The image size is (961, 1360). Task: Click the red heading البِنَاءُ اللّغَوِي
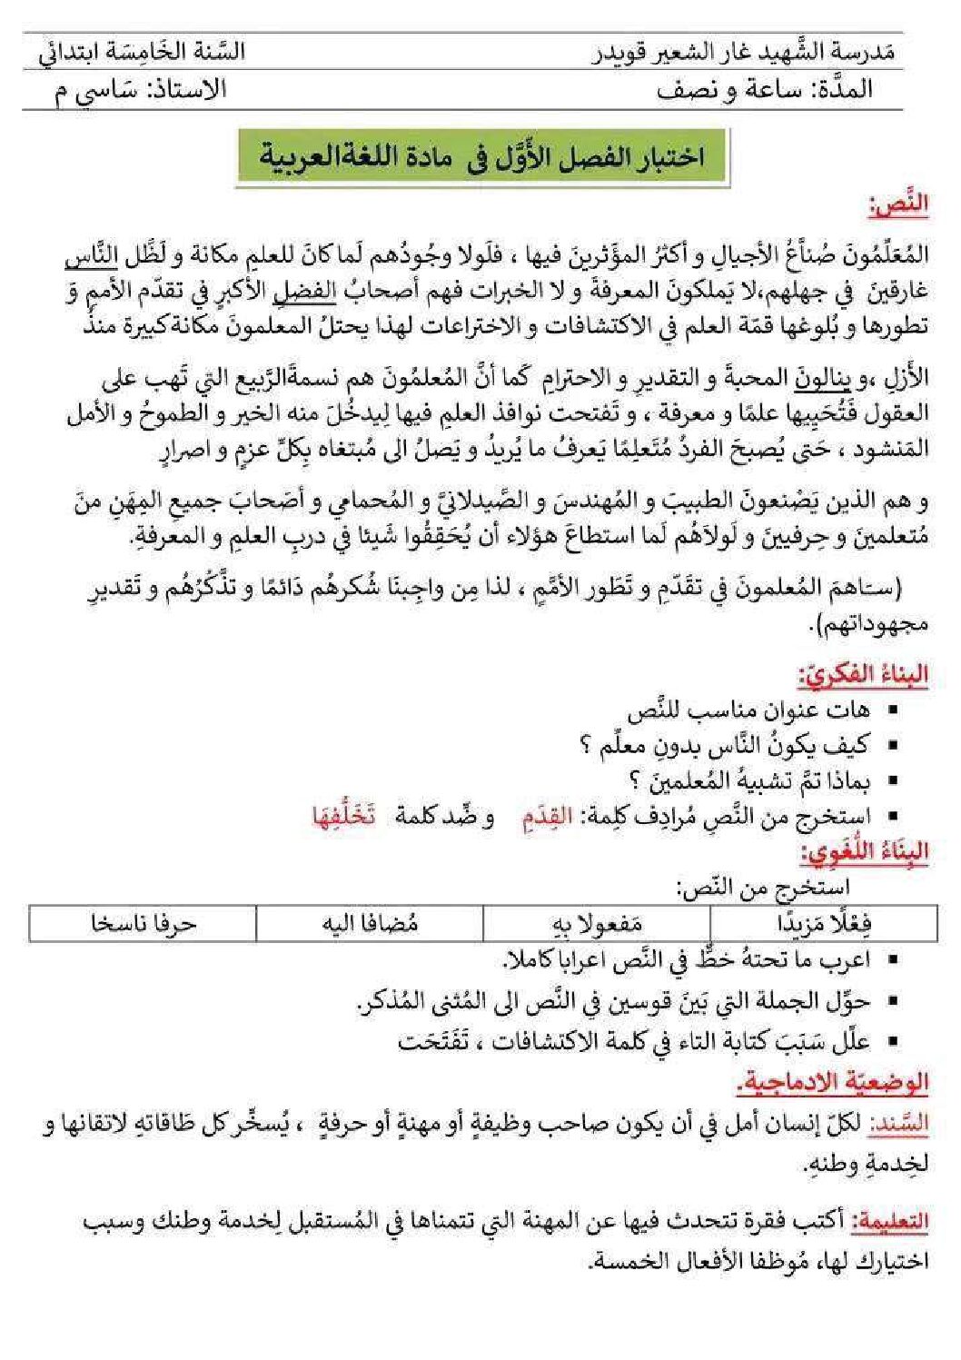[864, 852]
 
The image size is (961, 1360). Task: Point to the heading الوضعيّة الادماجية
[834, 1081]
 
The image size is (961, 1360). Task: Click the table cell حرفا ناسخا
[143, 923]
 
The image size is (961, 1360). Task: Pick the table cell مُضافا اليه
[370, 923]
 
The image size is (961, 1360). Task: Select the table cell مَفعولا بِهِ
[597, 923]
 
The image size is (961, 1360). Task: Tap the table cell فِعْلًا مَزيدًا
[825, 923]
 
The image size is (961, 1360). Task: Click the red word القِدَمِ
[547, 817]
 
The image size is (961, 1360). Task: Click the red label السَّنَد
[899, 1123]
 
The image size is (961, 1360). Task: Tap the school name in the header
[744, 52]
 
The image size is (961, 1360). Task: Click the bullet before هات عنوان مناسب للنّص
[892, 710]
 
